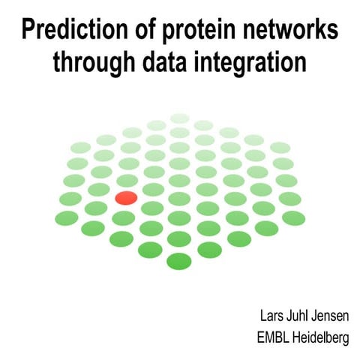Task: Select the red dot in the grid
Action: pos(126,198)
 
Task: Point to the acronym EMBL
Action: pos(272,338)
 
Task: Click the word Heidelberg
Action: pos(321,338)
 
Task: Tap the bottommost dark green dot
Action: pos(178,261)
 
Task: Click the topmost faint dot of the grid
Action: pos(180,118)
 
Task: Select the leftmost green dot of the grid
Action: pos(67,218)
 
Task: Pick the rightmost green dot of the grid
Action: pos(292,217)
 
